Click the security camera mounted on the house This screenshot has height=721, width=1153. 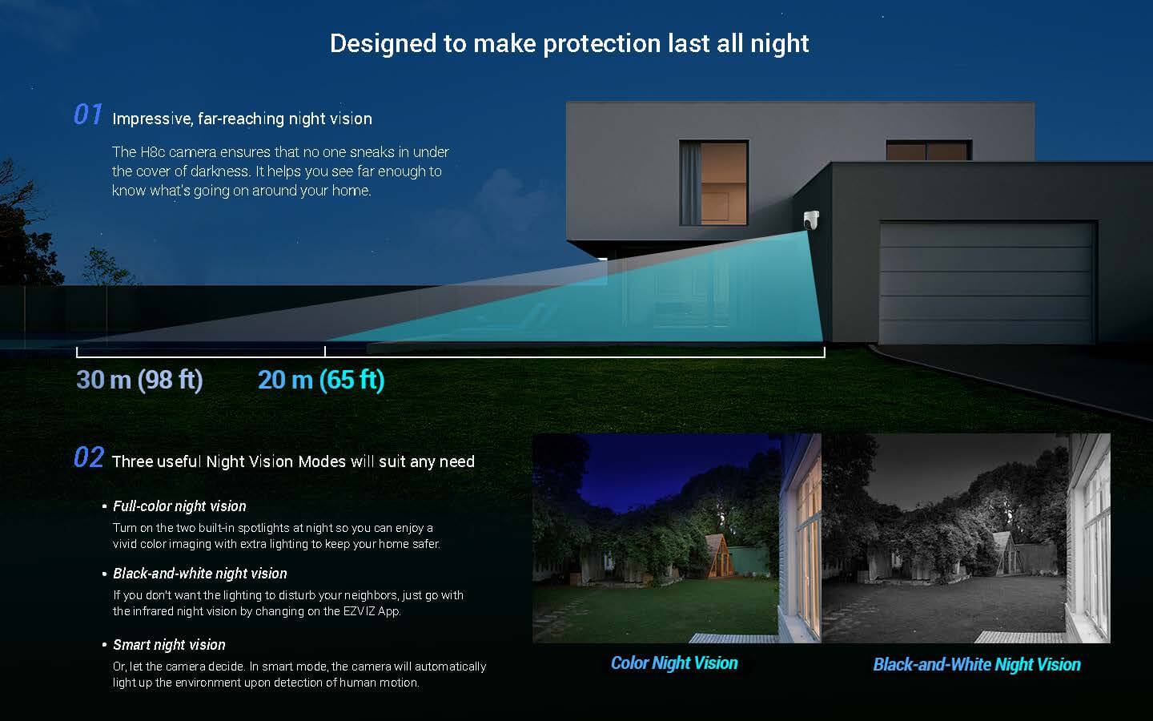pos(811,220)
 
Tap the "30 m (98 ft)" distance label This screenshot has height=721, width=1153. pos(139,380)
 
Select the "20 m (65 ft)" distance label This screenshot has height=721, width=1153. pos(321,380)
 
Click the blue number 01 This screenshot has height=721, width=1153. pos(88,115)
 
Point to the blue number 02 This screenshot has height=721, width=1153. pos(89,457)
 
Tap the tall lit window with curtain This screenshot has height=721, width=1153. pos(714,183)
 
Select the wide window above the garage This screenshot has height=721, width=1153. pos(929,151)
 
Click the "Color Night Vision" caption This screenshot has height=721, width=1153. pos(674,663)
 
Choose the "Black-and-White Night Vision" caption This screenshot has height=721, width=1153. pos(977,664)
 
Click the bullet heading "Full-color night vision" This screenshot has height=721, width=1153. pos(179,506)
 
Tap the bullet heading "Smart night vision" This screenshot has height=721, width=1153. pos(169,645)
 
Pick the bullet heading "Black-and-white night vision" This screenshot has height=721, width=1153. pos(199,574)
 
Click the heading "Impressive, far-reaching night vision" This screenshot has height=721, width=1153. pos(242,119)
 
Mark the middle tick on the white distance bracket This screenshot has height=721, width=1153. pos(325,351)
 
